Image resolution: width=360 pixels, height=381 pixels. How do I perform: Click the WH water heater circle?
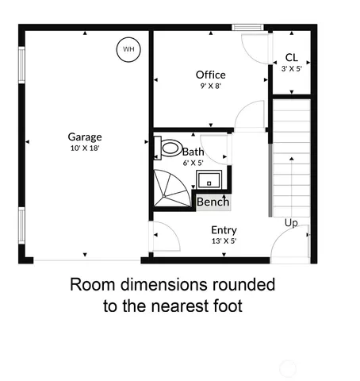pyautogui.click(x=127, y=50)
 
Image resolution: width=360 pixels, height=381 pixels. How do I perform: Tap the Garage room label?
pyautogui.click(x=84, y=137)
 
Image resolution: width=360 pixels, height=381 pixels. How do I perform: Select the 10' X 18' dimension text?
pyautogui.click(x=84, y=148)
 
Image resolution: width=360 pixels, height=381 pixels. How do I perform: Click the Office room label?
pyautogui.click(x=211, y=75)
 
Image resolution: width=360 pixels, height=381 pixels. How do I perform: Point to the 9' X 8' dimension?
pyautogui.click(x=211, y=87)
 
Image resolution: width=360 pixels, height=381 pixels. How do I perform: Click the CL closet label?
pyautogui.click(x=291, y=58)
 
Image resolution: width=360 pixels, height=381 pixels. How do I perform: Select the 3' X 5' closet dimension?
pyautogui.click(x=291, y=69)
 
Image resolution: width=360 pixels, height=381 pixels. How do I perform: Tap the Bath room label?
pyautogui.click(x=193, y=152)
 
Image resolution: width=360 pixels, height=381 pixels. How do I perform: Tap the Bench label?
pyautogui.click(x=213, y=202)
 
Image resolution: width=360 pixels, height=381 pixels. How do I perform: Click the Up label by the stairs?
pyautogui.click(x=291, y=223)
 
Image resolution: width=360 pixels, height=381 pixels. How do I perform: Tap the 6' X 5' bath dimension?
pyautogui.click(x=193, y=163)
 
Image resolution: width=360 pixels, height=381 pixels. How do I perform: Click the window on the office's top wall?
pyautogui.click(x=248, y=27)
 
